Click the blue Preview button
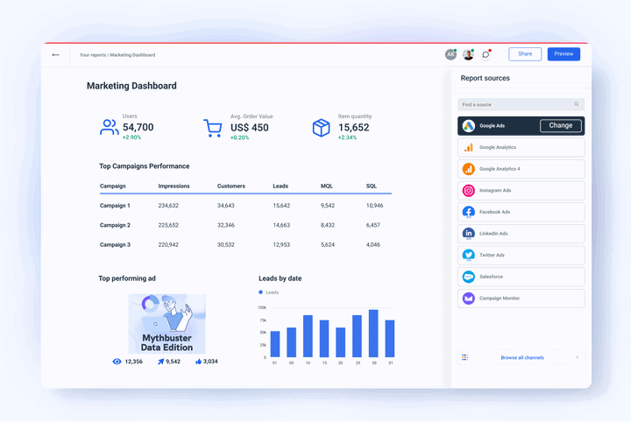(x=564, y=54)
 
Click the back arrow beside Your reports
(x=56, y=55)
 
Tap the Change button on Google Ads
(x=561, y=126)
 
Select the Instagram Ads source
(x=521, y=191)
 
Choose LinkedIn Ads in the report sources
(x=521, y=234)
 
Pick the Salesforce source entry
(x=521, y=277)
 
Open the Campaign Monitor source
(x=521, y=299)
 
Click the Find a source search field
(x=517, y=104)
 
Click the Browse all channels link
(x=521, y=357)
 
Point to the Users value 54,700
(x=138, y=128)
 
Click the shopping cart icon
(x=212, y=128)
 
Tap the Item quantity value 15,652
(x=353, y=128)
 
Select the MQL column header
(x=327, y=186)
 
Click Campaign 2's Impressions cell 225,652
(x=168, y=225)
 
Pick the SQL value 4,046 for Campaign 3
(x=373, y=245)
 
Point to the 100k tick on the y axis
(x=262, y=307)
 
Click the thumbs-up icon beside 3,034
(x=199, y=362)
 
